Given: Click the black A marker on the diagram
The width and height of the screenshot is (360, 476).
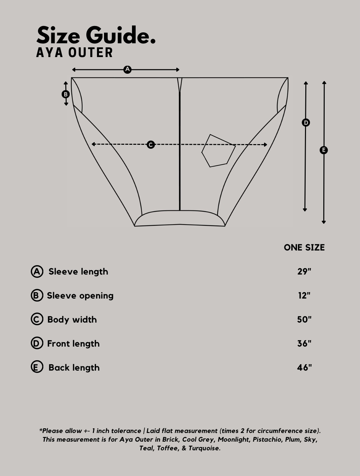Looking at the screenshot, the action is pyautogui.click(x=127, y=70).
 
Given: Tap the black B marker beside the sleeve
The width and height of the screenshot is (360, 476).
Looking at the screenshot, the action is pyautogui.click(x=66, y=94).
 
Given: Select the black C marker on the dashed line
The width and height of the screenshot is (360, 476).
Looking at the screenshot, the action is pyautogui.click(x=151, y=145).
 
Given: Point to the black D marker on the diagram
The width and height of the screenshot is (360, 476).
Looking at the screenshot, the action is pyautogui.click(x=306, y=123).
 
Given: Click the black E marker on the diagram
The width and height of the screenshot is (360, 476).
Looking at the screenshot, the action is pyautogui.click(x=324, y=150).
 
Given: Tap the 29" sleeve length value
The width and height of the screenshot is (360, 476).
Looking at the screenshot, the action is pyautogui.click(x=304, y=272).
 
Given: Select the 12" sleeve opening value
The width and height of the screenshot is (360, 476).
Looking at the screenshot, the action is pyautogui.click(x=304, y=296).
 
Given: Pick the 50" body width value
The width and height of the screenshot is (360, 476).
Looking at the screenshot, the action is pyautogui.click(x=304, y=320).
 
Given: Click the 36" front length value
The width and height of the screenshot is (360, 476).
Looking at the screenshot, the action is pyautogui.click(x=304, y=344).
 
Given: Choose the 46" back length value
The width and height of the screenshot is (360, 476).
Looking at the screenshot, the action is pyautogui.click(x=304, y=368).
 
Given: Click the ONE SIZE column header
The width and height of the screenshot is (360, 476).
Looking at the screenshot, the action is pyautogui.click(x=304, y=248).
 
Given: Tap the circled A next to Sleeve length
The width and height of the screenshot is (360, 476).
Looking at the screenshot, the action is pyautogui.click(x=37, y=272).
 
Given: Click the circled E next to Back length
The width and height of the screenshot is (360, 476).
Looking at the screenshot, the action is pyautogui.click(x=37, y=368).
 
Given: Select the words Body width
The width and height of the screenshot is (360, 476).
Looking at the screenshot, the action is pyautogui.click(x=72, y=320).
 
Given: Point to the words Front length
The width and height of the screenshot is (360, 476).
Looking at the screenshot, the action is pyautogui.click(x=73, y=344).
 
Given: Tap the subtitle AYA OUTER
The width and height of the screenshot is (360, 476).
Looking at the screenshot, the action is pyautogui.click(x=75, y=52).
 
